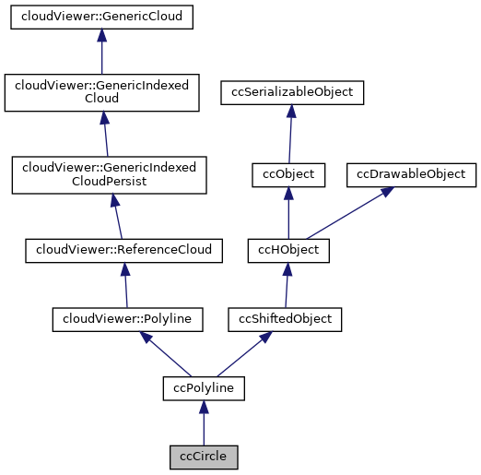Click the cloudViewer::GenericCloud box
coord(102,18)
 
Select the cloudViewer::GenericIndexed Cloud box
coord(102,92)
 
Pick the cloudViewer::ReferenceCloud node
coord(123,249)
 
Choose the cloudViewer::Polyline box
coord(127,319)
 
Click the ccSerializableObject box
coord(292,92)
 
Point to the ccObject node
coord(288,173)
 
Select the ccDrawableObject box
coord(411,173)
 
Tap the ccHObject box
coord(288,249)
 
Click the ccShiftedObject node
coord(286,319)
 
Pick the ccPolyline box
coord(204,388)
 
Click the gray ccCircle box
coord(204,456)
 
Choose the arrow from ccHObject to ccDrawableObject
coord(346,213)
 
